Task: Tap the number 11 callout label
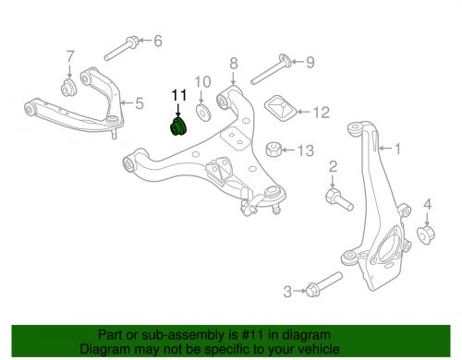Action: coord(177,94)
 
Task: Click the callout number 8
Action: coord(234,64)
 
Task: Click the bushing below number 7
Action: coord(67,90)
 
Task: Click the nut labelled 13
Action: coord(274,149)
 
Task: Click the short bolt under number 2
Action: coord(333,197)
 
